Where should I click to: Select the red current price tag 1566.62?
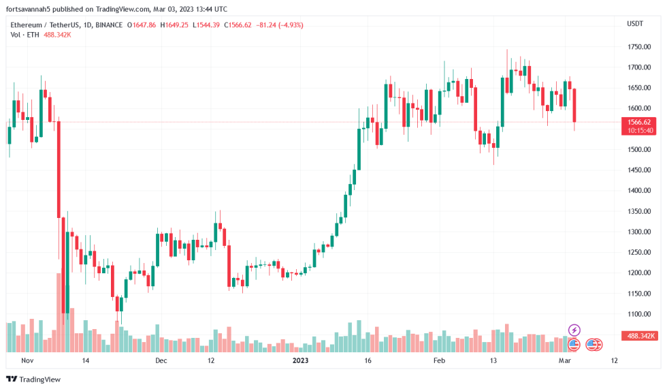(x=640, y=122)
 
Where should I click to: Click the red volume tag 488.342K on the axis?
(x=640, y=336)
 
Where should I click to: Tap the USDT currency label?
(x=634, y=24)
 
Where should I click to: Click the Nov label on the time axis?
(x=27, y=360)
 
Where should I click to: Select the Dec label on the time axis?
(x=161, y=360)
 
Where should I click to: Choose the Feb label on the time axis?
(x=440, y=360)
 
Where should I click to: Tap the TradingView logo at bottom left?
(x=33, y=379)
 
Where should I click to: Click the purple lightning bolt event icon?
(x=574, y=330)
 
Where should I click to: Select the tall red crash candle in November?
(x=59, y=170)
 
